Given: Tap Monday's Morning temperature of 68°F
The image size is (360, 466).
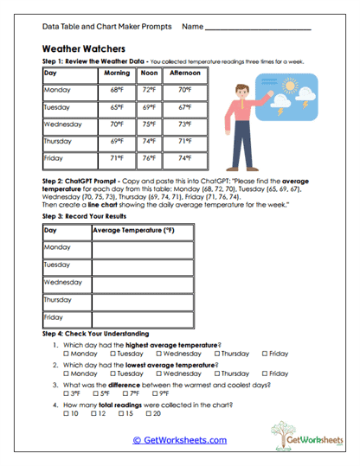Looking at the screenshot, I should coord(116,90).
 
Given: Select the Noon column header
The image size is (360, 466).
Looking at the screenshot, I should coord(149,73).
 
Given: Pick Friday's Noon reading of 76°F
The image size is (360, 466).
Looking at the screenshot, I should coord(149,159).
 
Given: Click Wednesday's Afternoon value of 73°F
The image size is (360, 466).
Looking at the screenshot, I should coord(184,124).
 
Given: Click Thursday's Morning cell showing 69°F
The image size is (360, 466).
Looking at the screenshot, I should coord(116,142).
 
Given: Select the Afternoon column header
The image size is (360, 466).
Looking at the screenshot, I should coord(184,73).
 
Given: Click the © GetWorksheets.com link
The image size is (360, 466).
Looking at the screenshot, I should coord(179,440).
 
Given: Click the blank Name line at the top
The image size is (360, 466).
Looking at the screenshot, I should coord(273,28).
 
